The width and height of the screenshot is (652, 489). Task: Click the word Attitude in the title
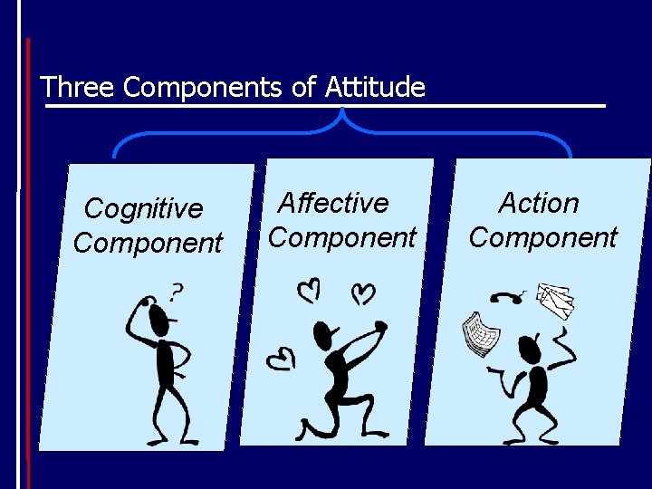[377, 87]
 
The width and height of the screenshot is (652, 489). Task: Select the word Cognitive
[143, 209]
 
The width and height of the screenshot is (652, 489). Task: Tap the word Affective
[333, 203]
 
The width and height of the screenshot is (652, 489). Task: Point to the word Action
[539, 203]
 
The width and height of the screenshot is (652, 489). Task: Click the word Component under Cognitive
[148, 243]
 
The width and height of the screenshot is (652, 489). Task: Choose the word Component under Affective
[342, 237]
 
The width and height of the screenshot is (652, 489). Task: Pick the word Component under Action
[542, 237]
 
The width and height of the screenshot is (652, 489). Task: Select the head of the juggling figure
[528, 348]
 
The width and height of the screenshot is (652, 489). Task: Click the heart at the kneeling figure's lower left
[281, 360]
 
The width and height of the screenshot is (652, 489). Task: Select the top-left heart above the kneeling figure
[309, 290]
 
